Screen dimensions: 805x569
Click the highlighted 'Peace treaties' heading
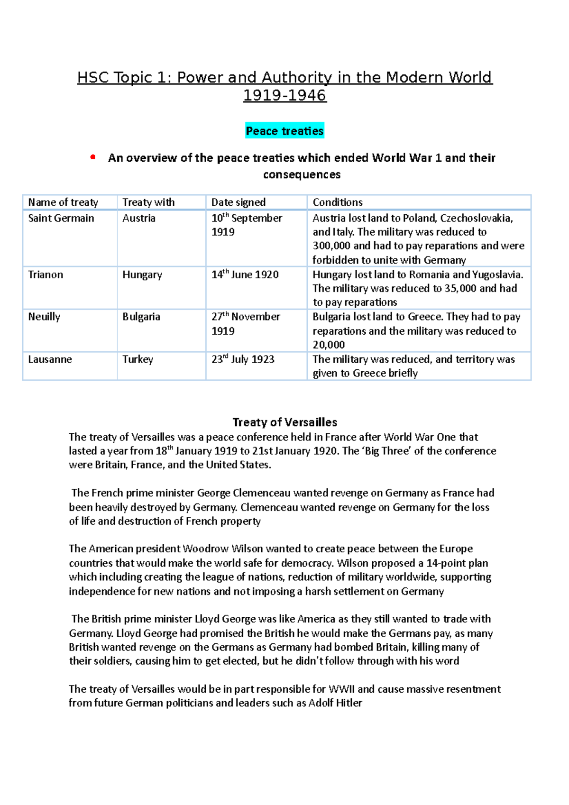click(x=284, y=131)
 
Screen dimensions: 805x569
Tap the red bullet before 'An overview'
click(x=93, y=157)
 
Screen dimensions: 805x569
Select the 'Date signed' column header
click(x=238, y=202)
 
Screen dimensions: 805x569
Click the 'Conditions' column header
click(x=337, y=202)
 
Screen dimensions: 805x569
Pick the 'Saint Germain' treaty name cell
click(x=61, y=218)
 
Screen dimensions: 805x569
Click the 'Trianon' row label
click(x=46, y=274)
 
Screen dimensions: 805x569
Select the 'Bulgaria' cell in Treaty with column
click(x=141, y=317)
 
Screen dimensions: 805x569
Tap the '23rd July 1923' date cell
click(x=243, y=359)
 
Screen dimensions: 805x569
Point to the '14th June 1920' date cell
click(x=245, y=274)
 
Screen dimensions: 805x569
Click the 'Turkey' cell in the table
click(x=138, y=359)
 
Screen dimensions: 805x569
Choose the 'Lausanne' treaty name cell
click(x=50, y=359)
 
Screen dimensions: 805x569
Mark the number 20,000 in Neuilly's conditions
click(x=328, y=345)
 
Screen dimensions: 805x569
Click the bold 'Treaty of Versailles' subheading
click(x=284, y=422)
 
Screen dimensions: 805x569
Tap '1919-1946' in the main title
click(x=284, y=95)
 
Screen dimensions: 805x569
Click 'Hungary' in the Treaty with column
click(x=142, y=274)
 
